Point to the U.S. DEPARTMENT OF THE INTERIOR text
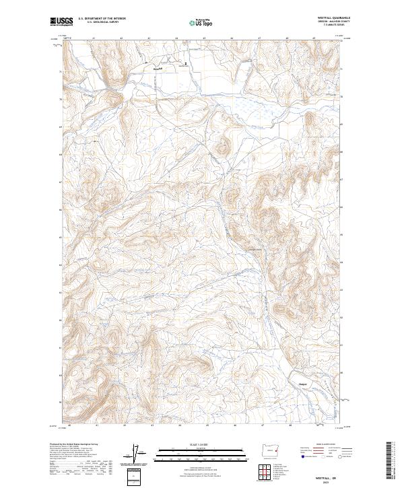pyautogui.click(x=102, y=19)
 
